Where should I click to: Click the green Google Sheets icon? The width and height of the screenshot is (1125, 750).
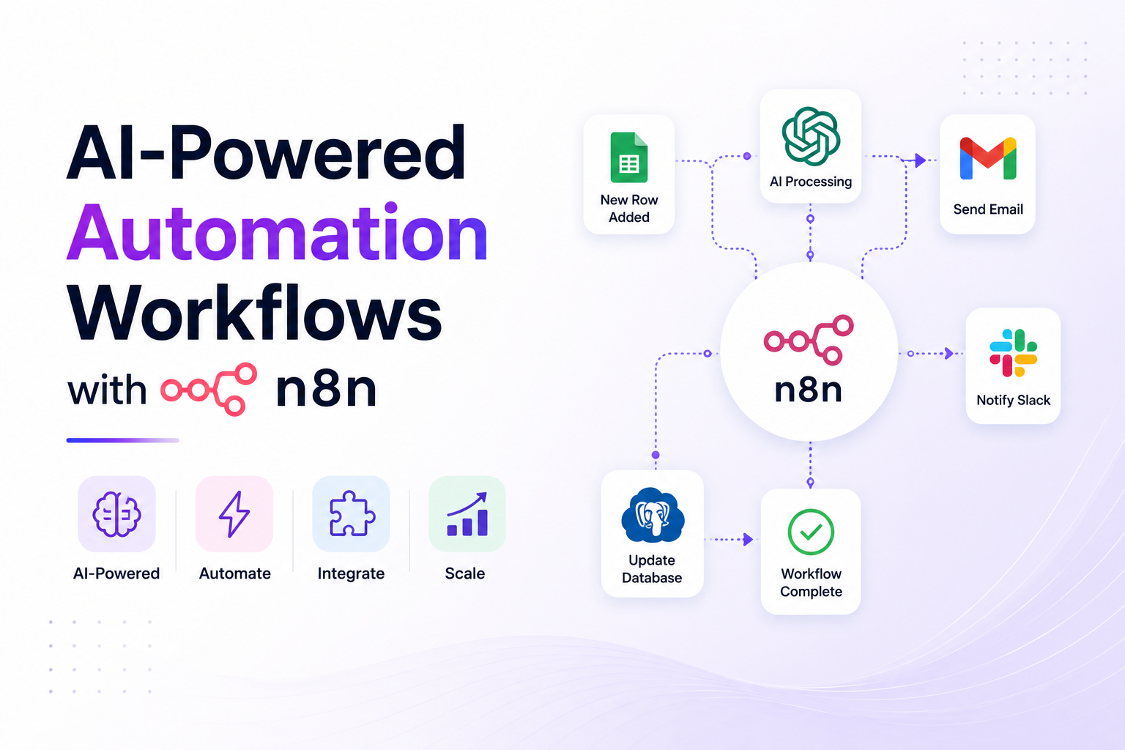629,157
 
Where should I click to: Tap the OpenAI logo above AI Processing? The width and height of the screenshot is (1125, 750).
811,136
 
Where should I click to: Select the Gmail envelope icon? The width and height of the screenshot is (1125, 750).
988,158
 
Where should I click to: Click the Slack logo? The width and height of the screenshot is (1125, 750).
1013,352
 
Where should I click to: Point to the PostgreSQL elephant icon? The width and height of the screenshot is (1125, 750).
653,515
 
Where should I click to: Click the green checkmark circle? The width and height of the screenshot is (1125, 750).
811,532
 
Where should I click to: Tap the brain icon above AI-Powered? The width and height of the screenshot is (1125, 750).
116,514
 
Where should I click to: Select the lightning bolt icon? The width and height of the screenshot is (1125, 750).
234,514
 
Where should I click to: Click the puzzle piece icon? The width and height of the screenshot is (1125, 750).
352,514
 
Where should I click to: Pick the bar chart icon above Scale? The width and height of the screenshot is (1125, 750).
467,514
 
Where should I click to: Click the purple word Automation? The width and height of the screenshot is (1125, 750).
278,232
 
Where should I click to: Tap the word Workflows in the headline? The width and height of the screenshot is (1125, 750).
255,313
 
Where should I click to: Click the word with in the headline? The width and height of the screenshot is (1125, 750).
107,389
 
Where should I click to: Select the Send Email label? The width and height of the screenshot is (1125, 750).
988,209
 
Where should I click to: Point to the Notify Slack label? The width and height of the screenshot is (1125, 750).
1013,400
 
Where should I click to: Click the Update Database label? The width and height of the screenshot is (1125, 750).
652,568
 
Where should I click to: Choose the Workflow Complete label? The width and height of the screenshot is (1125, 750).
811,582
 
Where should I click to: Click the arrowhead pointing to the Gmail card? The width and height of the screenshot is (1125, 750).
920,160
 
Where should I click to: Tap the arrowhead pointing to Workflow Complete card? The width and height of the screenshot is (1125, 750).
748,540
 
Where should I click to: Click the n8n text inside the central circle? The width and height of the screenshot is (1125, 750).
808,390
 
